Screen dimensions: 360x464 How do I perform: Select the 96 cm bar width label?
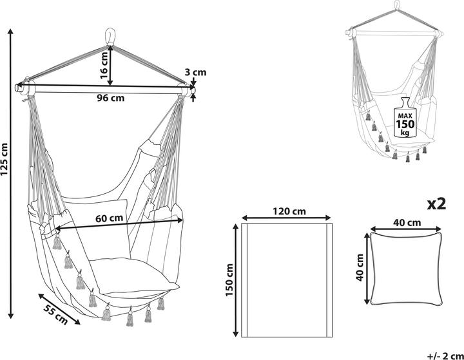coord(110,99)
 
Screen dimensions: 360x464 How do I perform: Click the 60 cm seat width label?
coord(110,218)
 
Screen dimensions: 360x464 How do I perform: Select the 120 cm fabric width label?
coord(287,211)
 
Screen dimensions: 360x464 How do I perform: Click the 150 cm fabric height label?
coord(229,279)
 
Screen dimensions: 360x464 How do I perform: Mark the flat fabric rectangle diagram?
coord(287,280)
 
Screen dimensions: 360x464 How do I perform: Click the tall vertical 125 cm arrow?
coord(12,174)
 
